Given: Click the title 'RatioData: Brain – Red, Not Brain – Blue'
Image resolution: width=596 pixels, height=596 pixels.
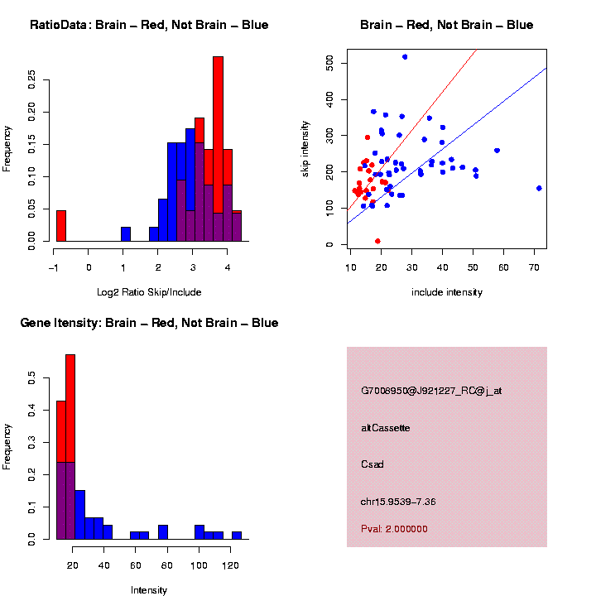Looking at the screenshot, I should pyautogui.click(x=149, y=25).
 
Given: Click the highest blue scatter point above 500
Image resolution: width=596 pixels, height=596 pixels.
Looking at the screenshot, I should pyautogui.click(x=405, y=56).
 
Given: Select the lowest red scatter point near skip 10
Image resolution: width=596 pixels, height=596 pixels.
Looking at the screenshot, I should pyautogui.click(x=377, y=241).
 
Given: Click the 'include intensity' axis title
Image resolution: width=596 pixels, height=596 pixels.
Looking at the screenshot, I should pyautogui.click(x=447, y=291).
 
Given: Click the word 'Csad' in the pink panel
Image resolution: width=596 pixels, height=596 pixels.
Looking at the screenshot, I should pyautogui.click(x=372, y=464).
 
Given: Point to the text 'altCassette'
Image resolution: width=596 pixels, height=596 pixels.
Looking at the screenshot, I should pyautogui.click(x=386, y=427).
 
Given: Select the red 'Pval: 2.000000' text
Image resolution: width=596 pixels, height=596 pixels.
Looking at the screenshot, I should pyautogui.click(x=394, y=528).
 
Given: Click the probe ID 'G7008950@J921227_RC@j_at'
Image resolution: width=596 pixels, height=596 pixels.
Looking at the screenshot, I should pyautogui.click(x=431, y=391).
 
